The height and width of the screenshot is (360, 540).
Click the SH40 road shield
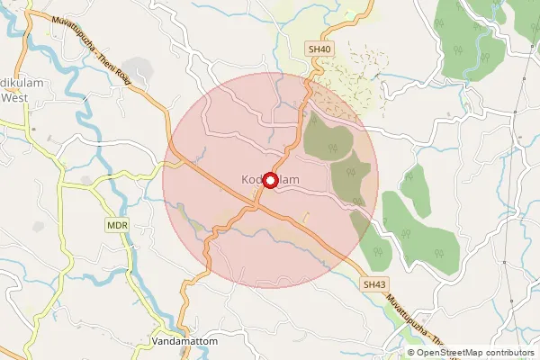(x=319, y=50)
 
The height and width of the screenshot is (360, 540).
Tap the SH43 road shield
(x=374, y=283)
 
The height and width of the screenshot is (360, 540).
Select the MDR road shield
(x=116, y=224)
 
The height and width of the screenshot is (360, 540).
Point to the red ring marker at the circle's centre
(x=269, y=179)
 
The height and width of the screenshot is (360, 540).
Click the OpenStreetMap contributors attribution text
(x=475, y=353)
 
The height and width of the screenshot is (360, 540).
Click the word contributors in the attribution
(x=507, y=353)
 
